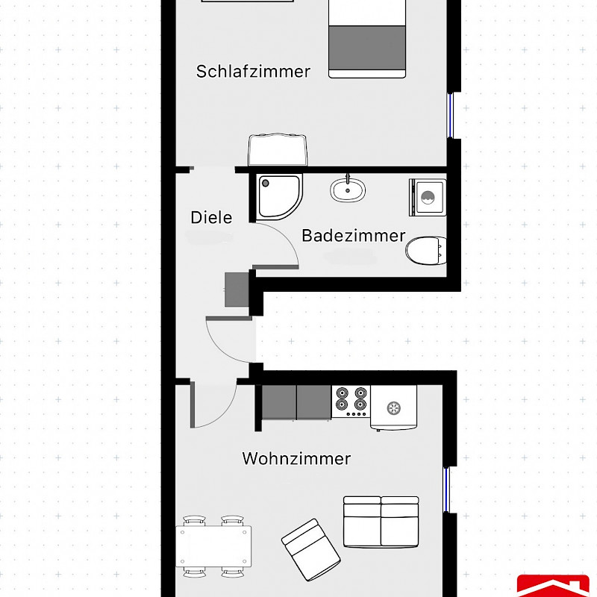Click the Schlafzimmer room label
253,72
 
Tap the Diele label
211,218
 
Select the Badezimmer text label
353,236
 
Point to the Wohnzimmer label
296,458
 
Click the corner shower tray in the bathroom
279,197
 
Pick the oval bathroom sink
348,190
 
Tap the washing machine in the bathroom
428,197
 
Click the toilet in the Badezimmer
426,250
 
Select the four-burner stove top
351,401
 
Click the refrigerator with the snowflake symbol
394,407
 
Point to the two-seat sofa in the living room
381,522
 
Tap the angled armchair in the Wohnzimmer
310,549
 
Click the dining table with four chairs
213,546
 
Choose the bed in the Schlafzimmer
367,39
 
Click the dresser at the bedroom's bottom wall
278,150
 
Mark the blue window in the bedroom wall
450,116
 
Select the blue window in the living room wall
446,490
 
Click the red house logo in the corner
553,586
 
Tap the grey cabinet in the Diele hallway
237,290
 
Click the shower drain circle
266,183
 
